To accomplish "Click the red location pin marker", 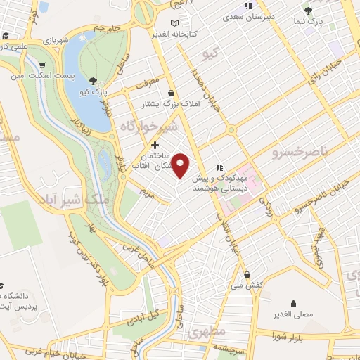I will coord(181,165).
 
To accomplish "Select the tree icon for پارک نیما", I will coord(308,10).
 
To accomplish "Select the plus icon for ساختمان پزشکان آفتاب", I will coord(155,144).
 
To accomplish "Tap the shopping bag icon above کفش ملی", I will coord(246,274).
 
